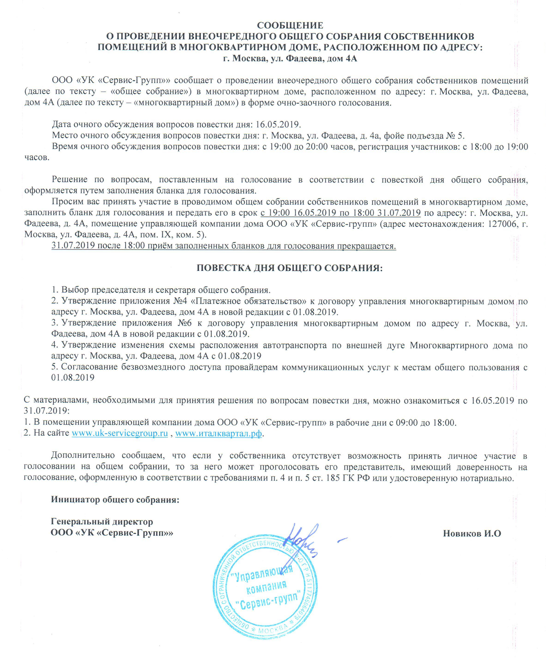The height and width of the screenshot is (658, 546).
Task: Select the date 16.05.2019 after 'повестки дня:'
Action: coord(278,124)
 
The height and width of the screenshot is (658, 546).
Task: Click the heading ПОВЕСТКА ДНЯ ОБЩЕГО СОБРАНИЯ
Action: coord(289,268)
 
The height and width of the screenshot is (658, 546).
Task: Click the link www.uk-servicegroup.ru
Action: coord(120,433)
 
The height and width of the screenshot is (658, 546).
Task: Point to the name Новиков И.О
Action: coord(472,533)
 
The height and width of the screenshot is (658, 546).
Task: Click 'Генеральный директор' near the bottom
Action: coord(102,521)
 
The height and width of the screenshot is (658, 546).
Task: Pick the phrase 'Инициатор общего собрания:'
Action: coord(115,499)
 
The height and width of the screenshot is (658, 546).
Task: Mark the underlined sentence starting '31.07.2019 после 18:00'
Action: coord(224,246)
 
